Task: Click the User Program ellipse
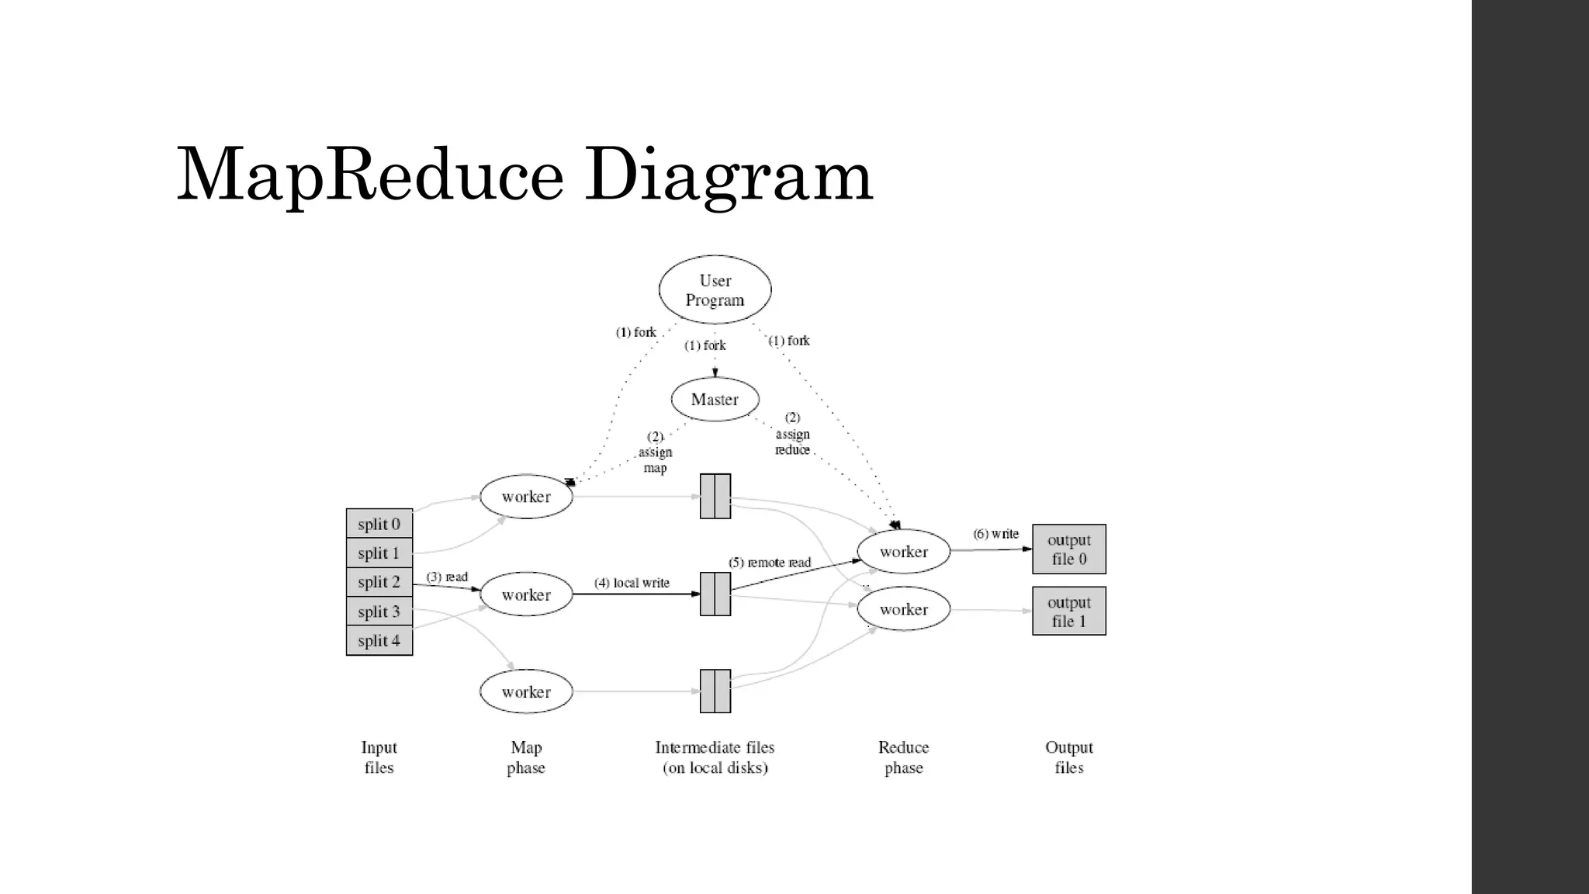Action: (715, 290)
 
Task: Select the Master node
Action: (715, 400)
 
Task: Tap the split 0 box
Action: (379, 524)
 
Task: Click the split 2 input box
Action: (379, 582)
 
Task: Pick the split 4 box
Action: (379, 641)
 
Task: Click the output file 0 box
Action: (1068, 549)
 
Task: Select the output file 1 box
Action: (1068, 612)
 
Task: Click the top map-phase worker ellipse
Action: (526, 497)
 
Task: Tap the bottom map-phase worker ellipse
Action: (526, 692)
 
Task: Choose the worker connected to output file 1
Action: (903, 609)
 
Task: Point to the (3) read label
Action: (447, 577)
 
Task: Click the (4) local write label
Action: (632, 583)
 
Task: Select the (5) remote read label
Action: (769, 563)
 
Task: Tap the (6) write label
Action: (995, 534)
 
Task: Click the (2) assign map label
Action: (655, 452)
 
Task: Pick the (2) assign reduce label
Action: (792, 435)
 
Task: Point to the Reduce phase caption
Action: (903, 757)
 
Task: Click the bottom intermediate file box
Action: (715, 691)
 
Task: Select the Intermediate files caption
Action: (715, 757)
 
